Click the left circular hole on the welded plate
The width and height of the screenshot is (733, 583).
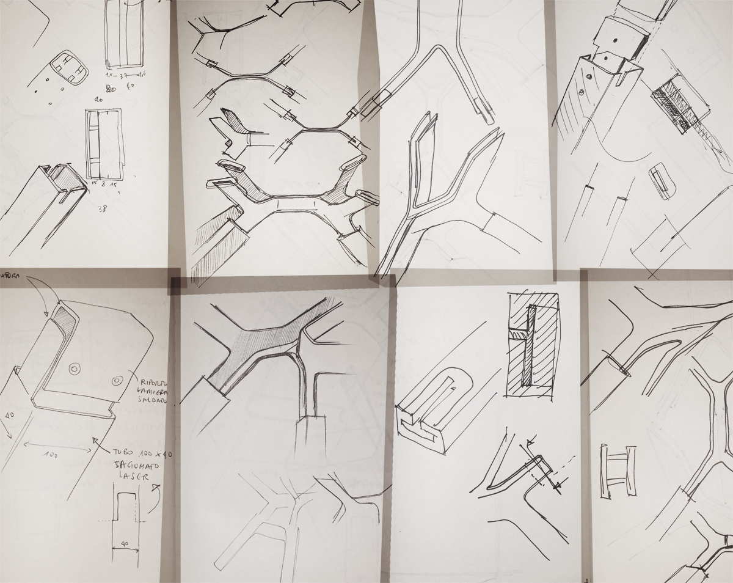tap(75, 369)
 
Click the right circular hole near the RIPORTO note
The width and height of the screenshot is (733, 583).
tap(115, 381)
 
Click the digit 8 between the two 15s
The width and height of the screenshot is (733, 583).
tap(104, 182)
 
